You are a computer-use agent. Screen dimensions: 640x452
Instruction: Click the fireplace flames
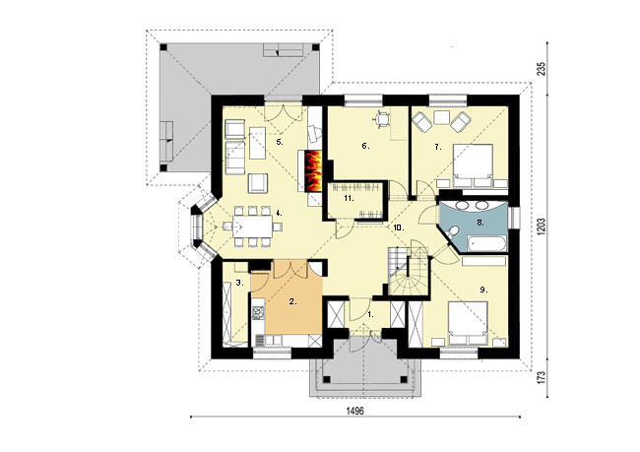click(x=314, y=170)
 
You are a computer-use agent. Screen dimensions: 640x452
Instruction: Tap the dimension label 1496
click(x=354, y=411)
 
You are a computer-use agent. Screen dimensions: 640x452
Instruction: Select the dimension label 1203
click(x=542, y=226)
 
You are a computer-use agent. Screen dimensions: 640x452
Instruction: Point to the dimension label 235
click(x=542, y=69)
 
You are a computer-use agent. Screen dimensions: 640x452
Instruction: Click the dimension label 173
click(x=542, y=377)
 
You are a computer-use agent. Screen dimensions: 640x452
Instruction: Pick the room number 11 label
click(x=349, y=199)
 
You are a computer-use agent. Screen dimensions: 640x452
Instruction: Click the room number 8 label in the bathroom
click(x=480, y=223)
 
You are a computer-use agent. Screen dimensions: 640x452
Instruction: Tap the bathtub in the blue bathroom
click(x=487, y=244)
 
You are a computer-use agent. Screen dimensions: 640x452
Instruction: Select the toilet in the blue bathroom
click(x=451, y=233)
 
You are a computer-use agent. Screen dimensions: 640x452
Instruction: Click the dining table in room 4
click(x=253, y=226)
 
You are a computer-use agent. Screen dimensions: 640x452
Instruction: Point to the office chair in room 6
click(x=381, y=118)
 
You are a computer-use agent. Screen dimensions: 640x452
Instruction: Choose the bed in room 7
click(x=473, y=165)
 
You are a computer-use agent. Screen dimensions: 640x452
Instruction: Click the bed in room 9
click(x=468, y=323)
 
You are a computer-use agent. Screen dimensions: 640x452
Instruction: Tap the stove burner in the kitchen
click(x=258, y=312)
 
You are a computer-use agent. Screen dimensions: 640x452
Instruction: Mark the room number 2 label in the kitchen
click(x=292, y=301)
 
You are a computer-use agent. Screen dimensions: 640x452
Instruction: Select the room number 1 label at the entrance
click(x=370, y=314)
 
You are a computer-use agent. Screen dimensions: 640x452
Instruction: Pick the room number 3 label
click(x=240, y=283)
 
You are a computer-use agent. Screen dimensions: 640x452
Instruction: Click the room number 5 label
click(x=280, y=142)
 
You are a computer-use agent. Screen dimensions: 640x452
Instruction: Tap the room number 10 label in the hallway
click(x=399, y=227)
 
